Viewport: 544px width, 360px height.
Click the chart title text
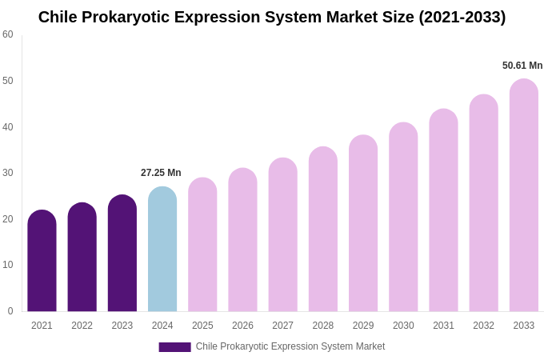click(x=272, y=17)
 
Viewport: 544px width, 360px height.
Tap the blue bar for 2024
click(x=162, y=250)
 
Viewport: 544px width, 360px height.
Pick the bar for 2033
click(x=524, y=195)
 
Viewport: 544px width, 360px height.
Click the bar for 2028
click(x=323, y=230)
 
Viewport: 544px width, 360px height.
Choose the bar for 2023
click(x=122, y=254)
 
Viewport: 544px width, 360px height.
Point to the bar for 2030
click(x=403, y=217)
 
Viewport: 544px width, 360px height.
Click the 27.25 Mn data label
click(x=161, y=173)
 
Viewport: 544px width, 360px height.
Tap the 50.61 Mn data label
click(x=522, y=66)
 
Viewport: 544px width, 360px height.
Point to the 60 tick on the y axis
click(x=8, y=34)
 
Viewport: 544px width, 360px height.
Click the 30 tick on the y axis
click(x=8, y=173)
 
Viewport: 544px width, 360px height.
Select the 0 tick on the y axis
click(x=10, y=311)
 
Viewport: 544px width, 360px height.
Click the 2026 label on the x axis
click(x=242, y=326)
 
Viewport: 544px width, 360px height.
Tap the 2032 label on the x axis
click(x=483, y=326)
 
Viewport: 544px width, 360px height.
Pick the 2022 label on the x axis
click(x=82, y=326)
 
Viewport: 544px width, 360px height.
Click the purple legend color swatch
click(x=174, y=347)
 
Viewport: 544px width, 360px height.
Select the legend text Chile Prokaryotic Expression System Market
click(x=290, y=346)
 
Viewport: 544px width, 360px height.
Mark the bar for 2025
click(x=202, y=245)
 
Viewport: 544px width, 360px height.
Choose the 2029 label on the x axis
click(x=363, y=326)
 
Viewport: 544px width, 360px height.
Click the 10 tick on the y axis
click(x=8, y=265)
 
